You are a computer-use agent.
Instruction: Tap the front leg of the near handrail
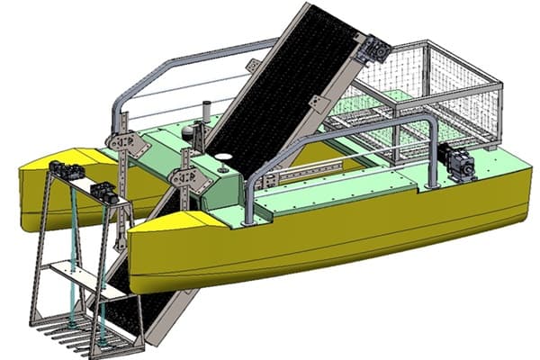click(x=248, y=198)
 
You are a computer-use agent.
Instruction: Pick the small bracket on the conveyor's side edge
click(x=316, y=102)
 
